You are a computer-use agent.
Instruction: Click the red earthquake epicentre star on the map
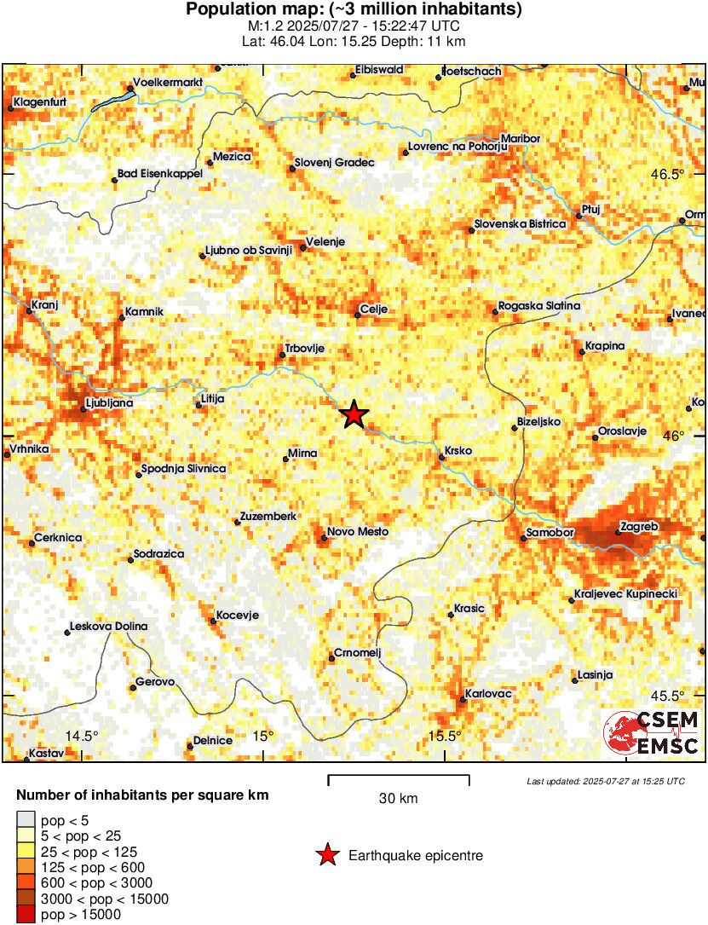[354, 414]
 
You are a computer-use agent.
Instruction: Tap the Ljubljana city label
[110, 403]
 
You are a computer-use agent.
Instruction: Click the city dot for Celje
[357, 316]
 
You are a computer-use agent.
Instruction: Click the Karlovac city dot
[463, 700]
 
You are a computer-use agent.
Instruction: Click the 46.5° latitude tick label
[667, 175]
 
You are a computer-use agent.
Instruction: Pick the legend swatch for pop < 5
[26, 820]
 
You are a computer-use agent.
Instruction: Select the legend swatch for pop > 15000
[26, 914]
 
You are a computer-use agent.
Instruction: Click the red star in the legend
[327, 855]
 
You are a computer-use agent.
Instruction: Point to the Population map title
[354, 10]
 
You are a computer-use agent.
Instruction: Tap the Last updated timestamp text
[605, 781]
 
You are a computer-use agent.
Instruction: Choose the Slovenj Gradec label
[334, 162]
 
